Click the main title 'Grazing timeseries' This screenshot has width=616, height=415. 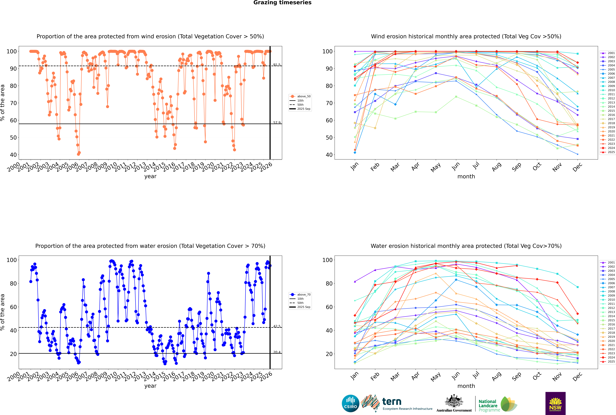pyautogui.click(x=282, y=3)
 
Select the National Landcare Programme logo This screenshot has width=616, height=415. pyautogui.click(x=497, y=404)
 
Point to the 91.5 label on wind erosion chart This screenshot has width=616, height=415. pyautogui.click(x=277, y=65)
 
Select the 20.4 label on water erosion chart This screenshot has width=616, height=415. pyautogui.click(x=277, y=352)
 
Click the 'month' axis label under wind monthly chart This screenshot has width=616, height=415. pyautogui.click(x=466, y=177)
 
